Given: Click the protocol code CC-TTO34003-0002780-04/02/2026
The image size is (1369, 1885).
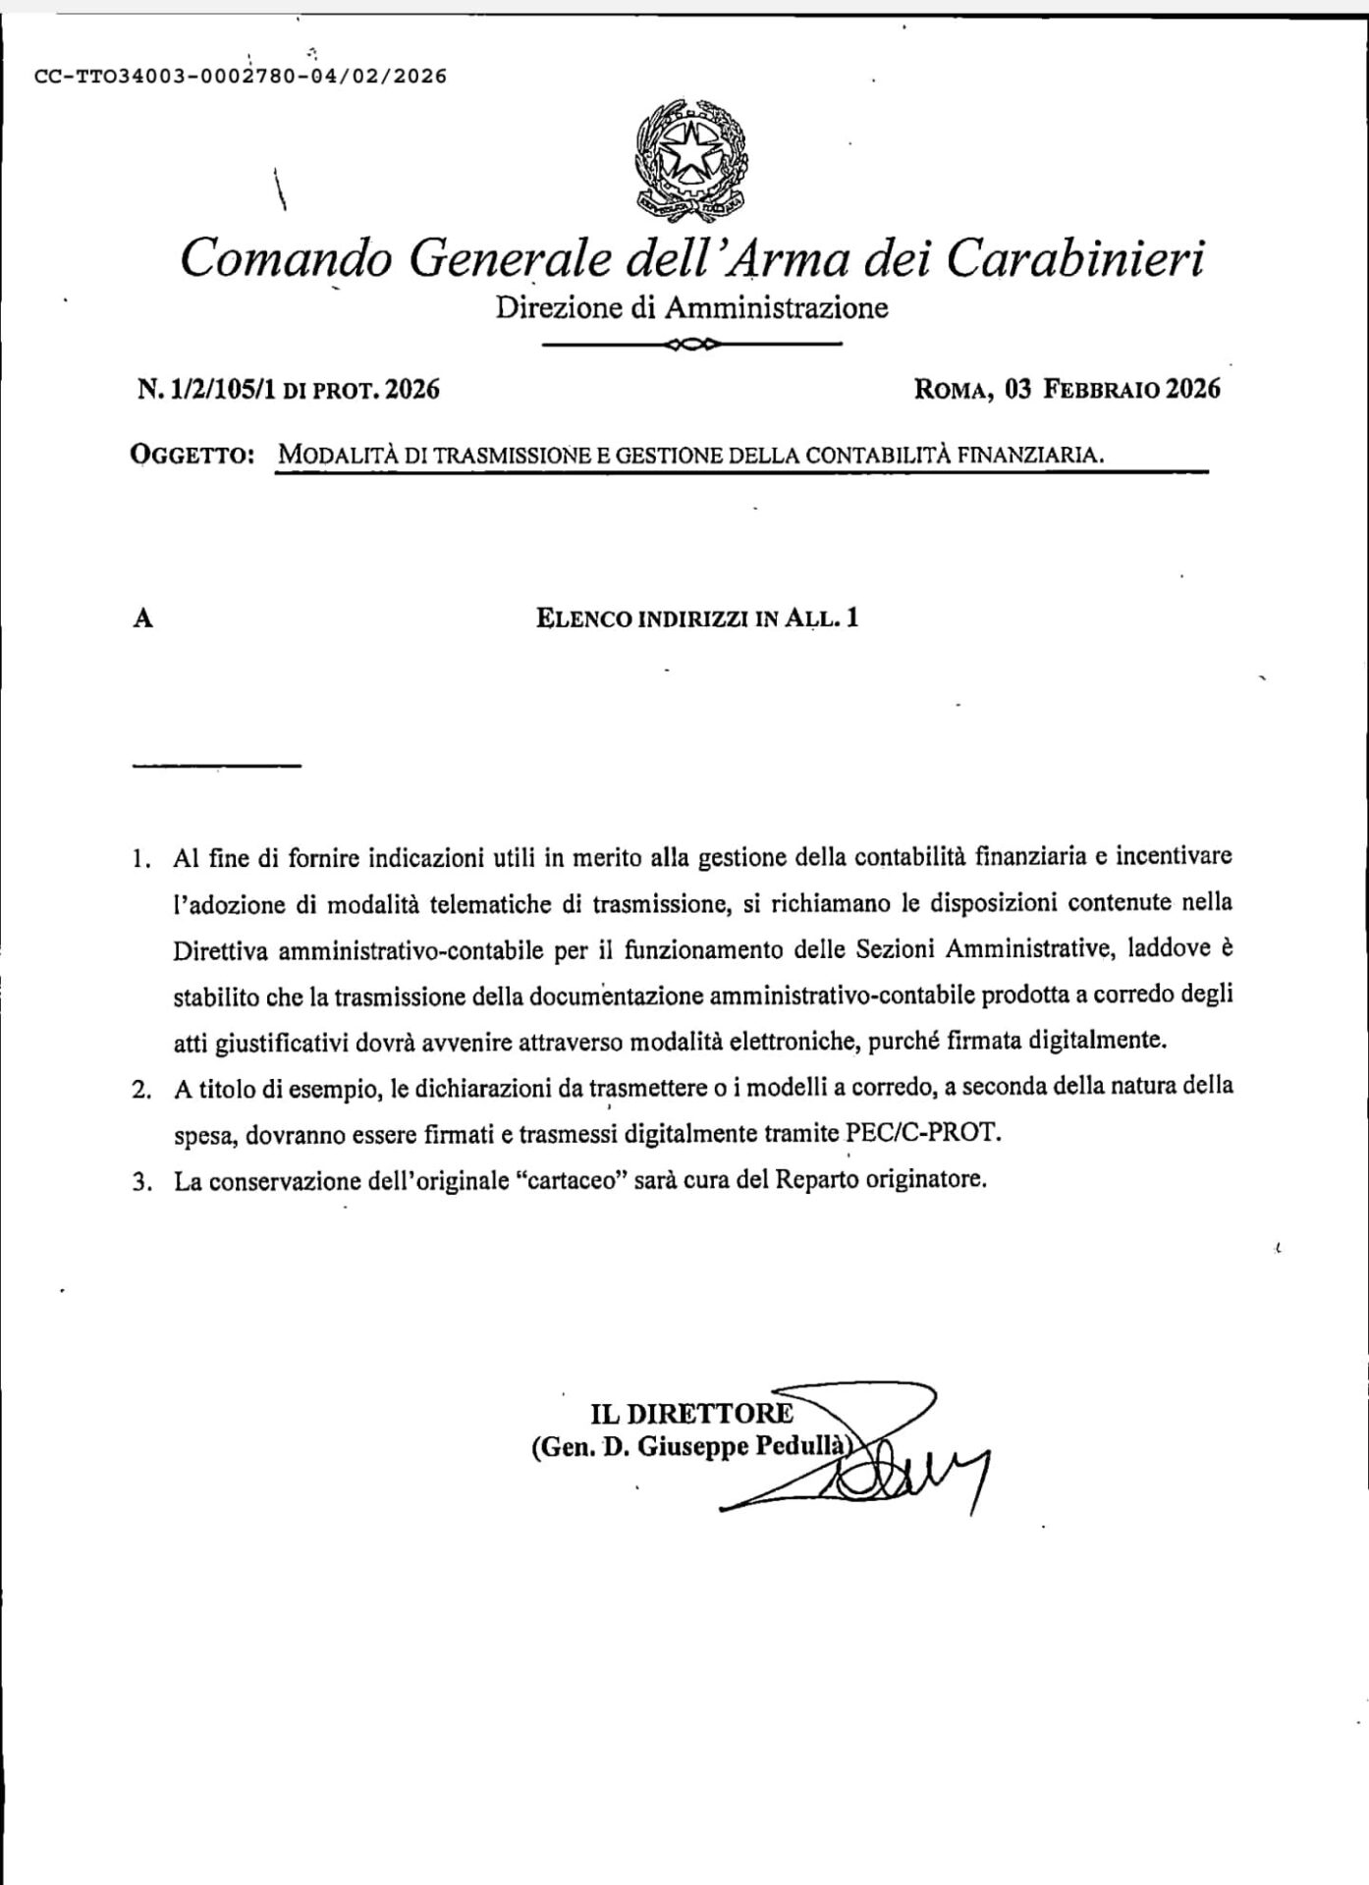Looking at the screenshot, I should coord(240,77).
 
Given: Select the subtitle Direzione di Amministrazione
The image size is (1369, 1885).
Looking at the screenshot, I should coord(691,308).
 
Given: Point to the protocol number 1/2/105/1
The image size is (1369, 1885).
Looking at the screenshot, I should coord(223,390).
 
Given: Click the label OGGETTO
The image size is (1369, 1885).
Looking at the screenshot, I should coord(192,456).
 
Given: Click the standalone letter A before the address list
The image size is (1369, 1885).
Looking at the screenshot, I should coord(143,619).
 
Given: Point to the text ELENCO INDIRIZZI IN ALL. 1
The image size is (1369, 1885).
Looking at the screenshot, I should coord(697,619).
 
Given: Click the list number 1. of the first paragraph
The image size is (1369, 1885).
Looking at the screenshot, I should coord(141,859).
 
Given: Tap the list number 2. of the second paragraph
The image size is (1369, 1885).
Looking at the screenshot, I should coord(141,1089).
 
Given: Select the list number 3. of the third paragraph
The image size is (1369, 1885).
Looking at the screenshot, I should coord(141,1181).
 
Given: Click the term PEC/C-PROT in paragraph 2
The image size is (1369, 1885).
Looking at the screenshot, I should coord(924,1133).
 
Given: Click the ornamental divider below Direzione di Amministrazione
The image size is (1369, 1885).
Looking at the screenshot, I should coord(691,345).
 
